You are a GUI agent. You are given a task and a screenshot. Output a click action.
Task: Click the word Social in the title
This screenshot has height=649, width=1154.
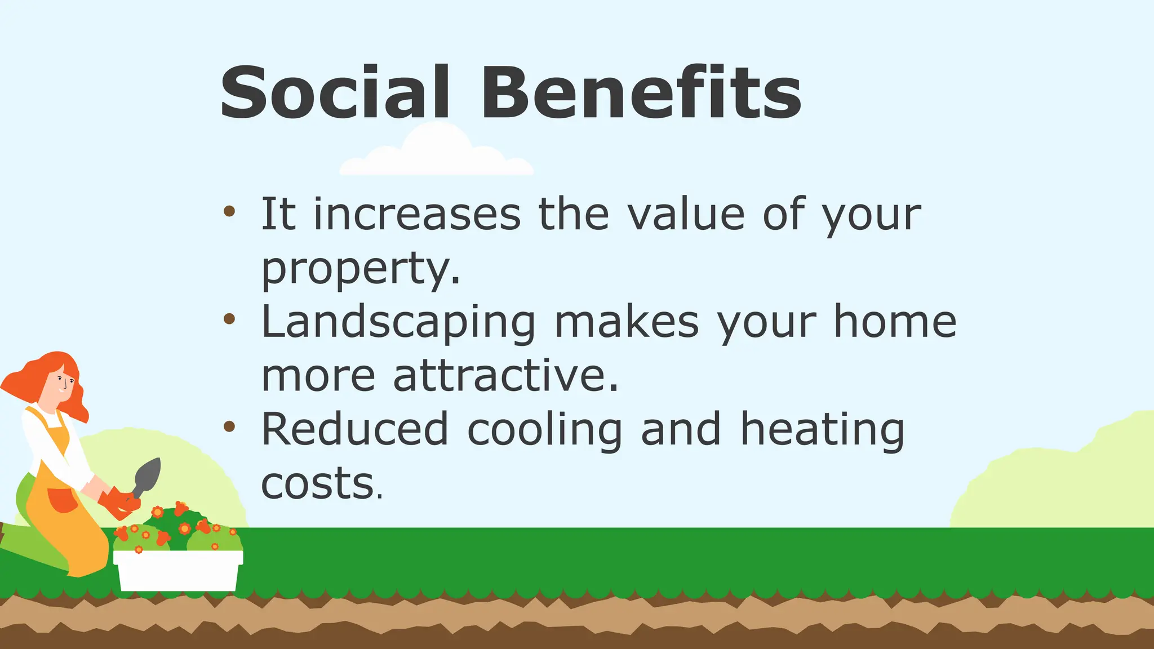[x=335, y=93]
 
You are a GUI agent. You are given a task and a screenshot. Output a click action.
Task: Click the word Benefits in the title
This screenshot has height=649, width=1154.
[x=641, y=93]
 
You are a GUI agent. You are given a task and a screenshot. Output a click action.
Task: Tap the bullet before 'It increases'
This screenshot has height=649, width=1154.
[x=229, y=212]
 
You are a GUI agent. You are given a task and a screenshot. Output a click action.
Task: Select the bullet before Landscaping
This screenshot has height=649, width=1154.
[x=229, y=319]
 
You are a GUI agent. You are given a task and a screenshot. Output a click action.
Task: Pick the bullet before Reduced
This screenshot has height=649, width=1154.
[x=229, y=426]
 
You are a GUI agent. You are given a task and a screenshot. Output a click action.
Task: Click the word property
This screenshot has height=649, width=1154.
[x=361, y=269]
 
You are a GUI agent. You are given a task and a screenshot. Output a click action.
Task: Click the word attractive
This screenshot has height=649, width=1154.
[x=505, y=376]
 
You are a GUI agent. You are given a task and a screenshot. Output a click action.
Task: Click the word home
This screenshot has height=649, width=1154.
[x=895, y=322]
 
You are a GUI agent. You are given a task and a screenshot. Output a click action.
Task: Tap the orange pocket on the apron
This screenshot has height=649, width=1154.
[x=62, y=500]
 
